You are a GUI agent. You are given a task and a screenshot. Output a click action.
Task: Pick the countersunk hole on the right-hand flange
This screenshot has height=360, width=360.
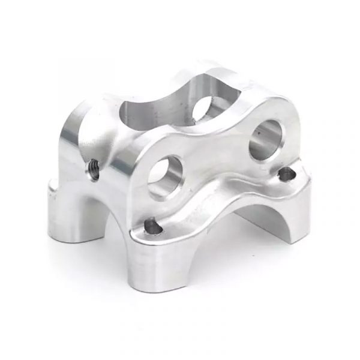[287, 174]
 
